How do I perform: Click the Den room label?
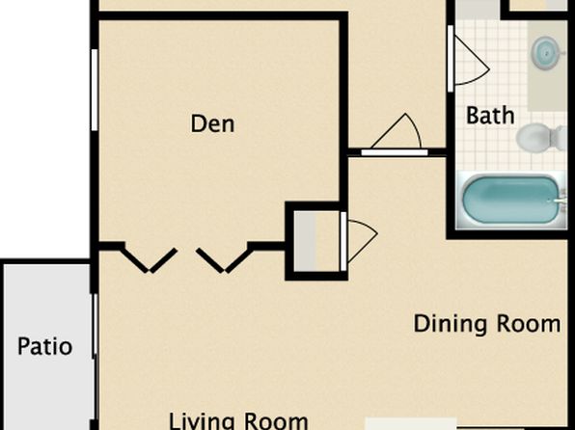212,124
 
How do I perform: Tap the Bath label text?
490,116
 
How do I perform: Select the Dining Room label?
487,324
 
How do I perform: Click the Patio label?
44,346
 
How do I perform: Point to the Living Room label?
238,421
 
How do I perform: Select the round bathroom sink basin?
546,54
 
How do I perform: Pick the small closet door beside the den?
343,241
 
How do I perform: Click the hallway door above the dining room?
395,152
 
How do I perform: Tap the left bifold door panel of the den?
150,260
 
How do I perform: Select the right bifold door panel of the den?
225,260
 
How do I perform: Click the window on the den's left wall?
95,90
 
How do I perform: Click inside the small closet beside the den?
316,241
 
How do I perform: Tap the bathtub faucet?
560,201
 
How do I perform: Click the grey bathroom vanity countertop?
547,66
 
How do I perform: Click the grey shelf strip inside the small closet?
305,241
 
